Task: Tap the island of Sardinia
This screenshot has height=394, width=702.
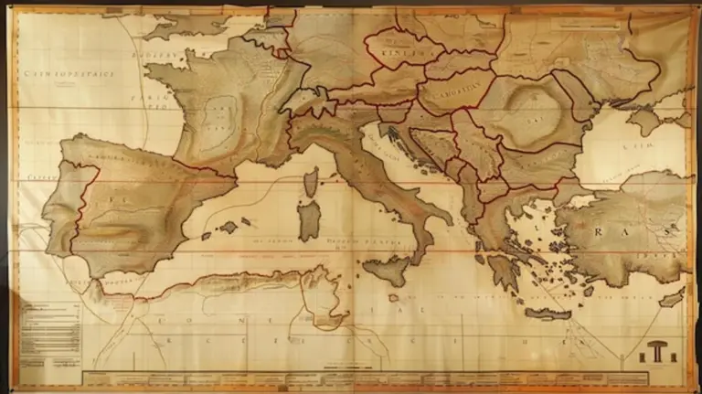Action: [310, 220]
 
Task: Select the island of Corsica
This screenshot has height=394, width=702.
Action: [311, 184]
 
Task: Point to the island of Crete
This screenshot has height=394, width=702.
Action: [548, 314]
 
